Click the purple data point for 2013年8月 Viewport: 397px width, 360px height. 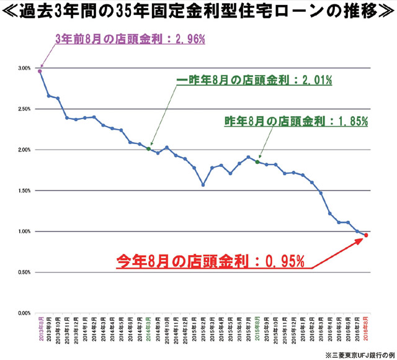point(40,71)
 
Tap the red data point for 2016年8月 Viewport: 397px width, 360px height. point(366,235)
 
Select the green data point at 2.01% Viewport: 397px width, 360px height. point(148,149)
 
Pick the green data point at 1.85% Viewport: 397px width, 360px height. point(257,162)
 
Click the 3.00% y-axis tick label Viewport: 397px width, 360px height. point(24,68)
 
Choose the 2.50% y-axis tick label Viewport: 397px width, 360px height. point(24,109)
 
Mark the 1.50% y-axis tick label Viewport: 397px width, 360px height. point(24,191)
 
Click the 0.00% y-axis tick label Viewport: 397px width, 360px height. point(24,313)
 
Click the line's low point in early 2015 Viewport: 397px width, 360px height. point(203,184)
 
